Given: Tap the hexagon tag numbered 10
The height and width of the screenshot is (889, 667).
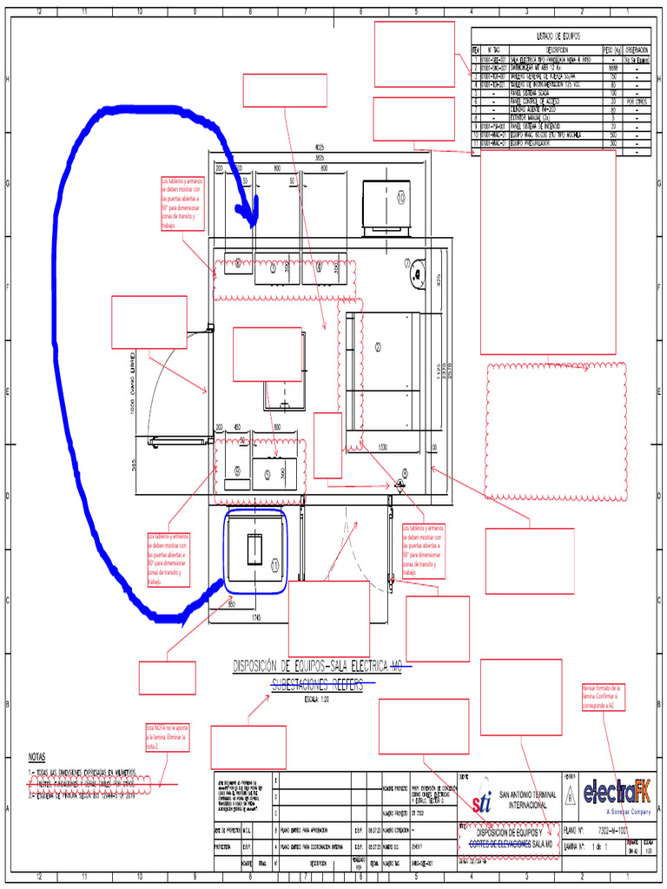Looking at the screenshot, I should [x=401, y=198].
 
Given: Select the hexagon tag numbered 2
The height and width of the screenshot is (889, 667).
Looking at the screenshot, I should [x=378, y=346].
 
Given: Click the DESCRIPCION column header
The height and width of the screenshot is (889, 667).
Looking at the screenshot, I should [x=562, y=49].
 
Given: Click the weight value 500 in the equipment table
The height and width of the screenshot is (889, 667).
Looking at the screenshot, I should [x=612, y=135].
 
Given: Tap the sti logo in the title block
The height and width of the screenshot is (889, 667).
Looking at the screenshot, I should [x=481, y=799].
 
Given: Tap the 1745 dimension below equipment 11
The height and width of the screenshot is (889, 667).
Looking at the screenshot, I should [x=256, y=617].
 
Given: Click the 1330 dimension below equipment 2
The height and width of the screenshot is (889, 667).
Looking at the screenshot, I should [x=382, y=448].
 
